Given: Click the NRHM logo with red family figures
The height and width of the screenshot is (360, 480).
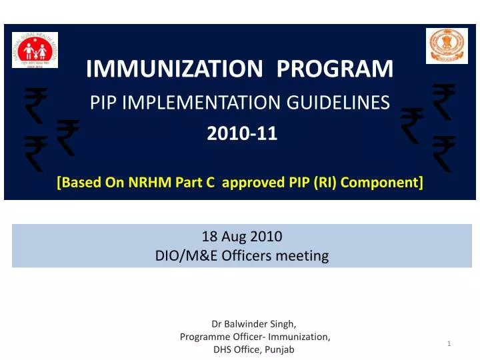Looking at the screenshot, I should (35, 49).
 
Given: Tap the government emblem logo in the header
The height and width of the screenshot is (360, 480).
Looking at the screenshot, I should (447, 46).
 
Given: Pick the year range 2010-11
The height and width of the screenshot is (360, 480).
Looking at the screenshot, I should (241, 135).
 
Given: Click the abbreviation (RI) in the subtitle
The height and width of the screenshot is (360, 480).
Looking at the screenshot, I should (327, 182).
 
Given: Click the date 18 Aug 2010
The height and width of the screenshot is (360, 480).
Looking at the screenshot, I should (241, 236).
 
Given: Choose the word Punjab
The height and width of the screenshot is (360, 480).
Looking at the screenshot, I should (280, 350).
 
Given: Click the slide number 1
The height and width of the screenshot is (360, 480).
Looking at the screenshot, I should (450, 343).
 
